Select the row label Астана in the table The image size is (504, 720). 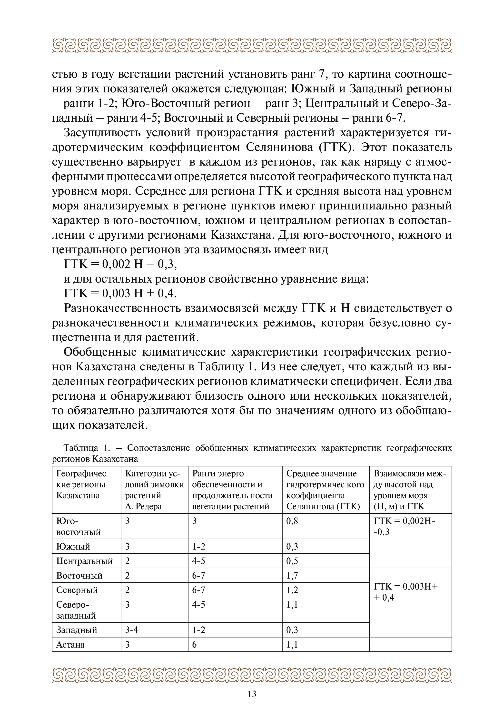pos(70,644)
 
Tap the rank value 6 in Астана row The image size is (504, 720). pos(194,644)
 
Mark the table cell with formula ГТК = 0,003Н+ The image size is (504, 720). pos(406,592)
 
